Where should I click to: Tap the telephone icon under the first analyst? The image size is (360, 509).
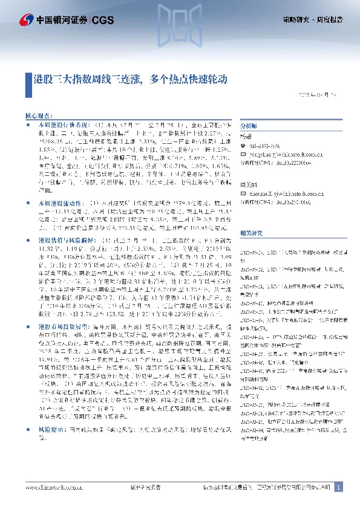[243, 146]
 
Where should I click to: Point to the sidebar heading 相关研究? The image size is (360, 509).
[251, 215]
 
